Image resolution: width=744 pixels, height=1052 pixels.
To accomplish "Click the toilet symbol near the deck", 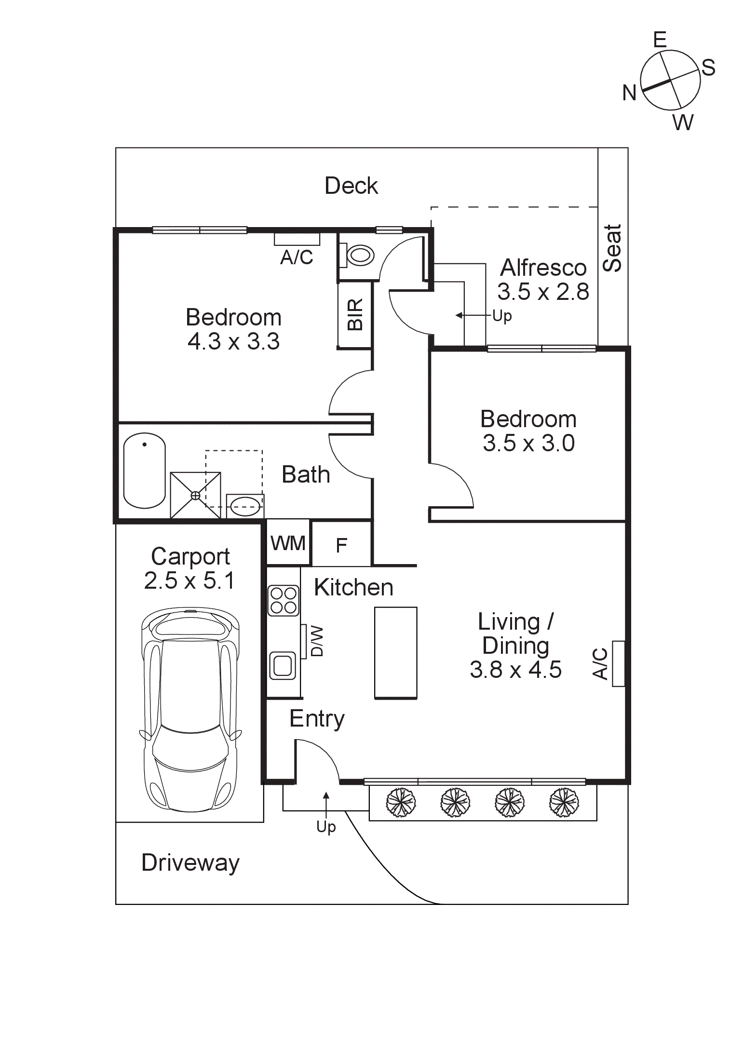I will click(x=359, y=255).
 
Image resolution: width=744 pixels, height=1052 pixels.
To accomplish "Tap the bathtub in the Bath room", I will click(x=144, y=471).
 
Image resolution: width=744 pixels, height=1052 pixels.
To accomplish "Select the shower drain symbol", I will click(x=195, y=495).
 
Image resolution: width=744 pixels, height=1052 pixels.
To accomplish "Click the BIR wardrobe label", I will click(x=355, y=314).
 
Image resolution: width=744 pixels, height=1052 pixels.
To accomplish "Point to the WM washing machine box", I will click(x=288, y=543).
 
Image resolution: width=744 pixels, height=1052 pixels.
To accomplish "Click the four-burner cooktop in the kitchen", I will click(x=284, y=600).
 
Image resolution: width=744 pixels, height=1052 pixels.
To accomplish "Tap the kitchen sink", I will click(x=283, y=666).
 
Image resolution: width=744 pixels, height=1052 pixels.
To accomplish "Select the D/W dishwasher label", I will click(x=316, y=641).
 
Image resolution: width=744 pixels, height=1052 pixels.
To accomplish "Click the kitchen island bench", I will click(x=395, y=653).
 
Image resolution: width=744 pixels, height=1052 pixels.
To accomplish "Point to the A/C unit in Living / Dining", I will click(x=618, y=663).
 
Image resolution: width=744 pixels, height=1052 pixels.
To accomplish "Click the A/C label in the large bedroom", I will click(x=297, y=257).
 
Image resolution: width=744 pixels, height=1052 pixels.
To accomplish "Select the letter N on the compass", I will click(x=629, y=93).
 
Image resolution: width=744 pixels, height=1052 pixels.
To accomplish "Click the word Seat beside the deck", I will click(x=612, y=248).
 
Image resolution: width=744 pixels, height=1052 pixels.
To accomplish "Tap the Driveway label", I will click(x=190, y=863).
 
